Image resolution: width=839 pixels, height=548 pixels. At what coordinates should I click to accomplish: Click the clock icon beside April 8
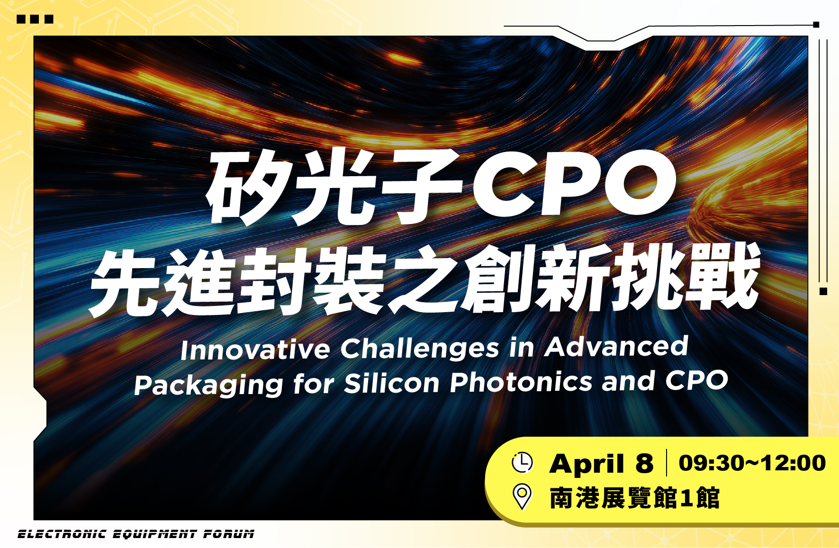pos(522,462)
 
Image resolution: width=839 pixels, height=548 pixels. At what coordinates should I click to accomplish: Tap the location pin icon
pos(522,497)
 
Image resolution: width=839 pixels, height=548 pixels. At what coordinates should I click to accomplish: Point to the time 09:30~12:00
pos(752,463)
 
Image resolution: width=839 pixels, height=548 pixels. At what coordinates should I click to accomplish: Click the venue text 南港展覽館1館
pos(635,498)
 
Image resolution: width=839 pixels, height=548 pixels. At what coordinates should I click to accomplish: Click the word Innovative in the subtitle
pos(255,350)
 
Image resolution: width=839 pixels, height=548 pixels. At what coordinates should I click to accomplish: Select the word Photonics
pos(521,381)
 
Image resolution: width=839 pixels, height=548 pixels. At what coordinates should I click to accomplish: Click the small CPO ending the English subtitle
pos(696,380)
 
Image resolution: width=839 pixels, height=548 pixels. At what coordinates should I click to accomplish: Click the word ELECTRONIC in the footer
pos(62,534)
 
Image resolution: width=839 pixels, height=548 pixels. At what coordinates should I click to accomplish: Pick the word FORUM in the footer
pos(229,534)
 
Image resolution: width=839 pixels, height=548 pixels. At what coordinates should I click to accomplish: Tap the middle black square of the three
pos(35,19)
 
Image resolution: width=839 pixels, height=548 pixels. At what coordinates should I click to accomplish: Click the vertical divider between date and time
pos(667,462)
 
